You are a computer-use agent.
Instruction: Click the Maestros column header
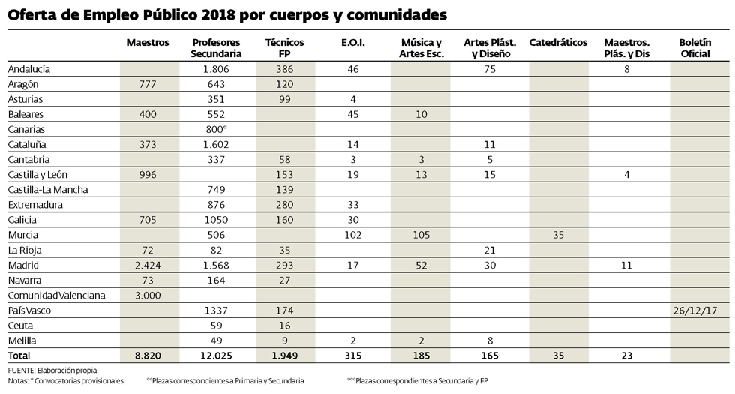[148, 43]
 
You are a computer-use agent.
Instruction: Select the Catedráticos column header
[557, 43]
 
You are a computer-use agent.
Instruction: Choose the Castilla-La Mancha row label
[47, 190]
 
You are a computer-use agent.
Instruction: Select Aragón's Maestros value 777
[148, 84]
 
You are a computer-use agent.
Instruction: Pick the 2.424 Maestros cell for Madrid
[148, 265]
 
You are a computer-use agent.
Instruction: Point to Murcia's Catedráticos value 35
[557, 235]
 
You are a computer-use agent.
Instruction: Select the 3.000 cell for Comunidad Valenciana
[148, 295]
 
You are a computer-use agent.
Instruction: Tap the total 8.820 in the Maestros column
[148, 355]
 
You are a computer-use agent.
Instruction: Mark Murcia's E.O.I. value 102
[352, 235]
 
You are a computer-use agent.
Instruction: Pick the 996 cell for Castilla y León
[148, 175]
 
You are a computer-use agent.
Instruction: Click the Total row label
[19, 355]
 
